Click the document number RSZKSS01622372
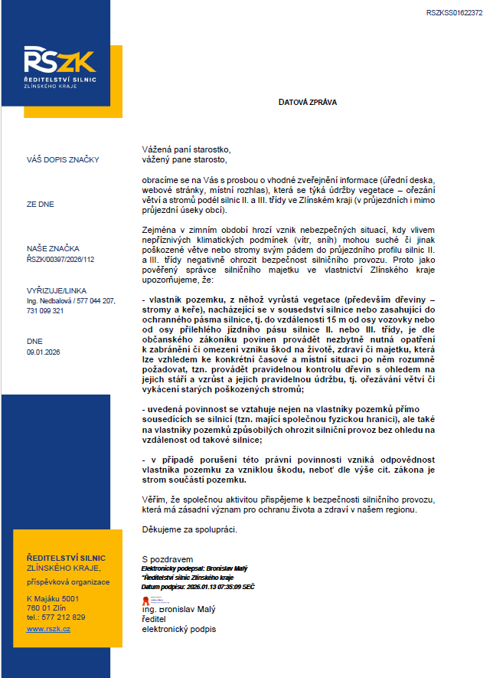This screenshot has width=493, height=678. coord(454,13)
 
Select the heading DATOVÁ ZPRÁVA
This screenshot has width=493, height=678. coord(307,101)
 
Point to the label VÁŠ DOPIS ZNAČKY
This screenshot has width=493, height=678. coord(63,160)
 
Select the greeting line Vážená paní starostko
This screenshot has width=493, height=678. coord(186,149)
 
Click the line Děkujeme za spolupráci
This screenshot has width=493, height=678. coord(190,529)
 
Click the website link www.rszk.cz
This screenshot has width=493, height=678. coord(48,628)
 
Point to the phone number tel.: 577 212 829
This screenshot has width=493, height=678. coord(56,617)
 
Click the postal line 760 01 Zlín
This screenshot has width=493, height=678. coord(47,608)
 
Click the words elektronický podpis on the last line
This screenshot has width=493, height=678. coord(179,629)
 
